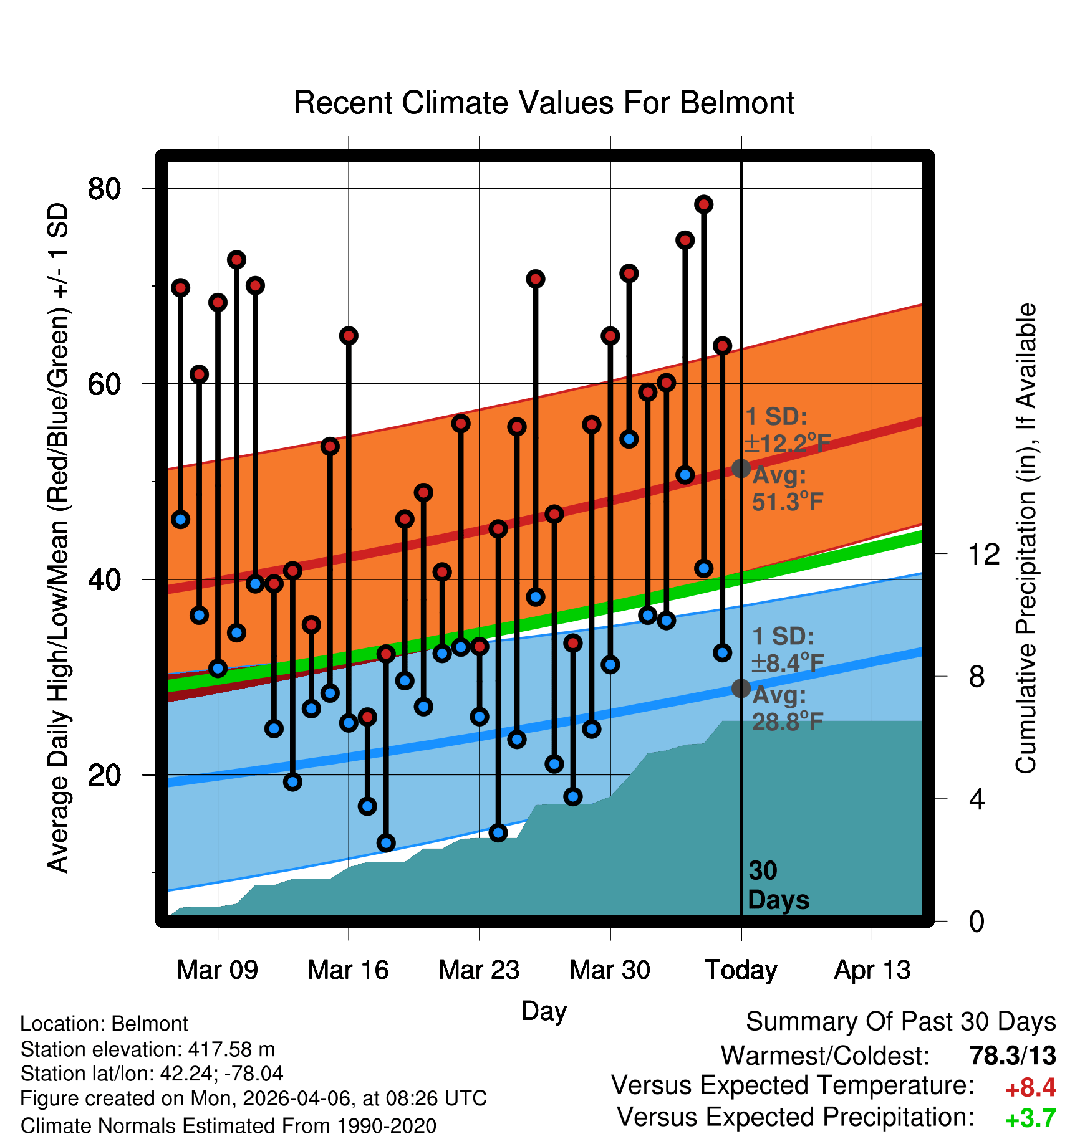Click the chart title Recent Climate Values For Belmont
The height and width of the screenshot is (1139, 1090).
(544, 103)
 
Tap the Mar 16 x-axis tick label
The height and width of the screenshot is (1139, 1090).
(348, 970)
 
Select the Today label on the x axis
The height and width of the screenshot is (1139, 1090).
(741, 970)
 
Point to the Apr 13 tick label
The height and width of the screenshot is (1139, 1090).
(872, 970)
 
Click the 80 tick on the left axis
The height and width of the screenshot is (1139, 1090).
(104, 188)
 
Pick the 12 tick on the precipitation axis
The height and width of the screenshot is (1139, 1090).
(984, 553)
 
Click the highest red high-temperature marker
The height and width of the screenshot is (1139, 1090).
(704, 204)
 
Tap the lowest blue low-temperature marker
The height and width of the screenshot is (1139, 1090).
(386, 843)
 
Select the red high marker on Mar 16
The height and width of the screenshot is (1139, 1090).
(349, 336)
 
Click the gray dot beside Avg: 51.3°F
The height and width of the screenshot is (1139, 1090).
(741, 468)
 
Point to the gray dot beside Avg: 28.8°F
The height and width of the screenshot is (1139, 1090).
(741, 688)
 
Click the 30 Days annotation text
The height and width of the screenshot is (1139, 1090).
(778, 885)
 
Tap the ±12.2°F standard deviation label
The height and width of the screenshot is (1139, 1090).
(788, 444)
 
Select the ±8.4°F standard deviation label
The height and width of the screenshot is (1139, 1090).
(788, 663)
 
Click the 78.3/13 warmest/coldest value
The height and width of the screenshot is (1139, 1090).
(1013, 1056)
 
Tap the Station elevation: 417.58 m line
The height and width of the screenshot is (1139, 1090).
(148, 1049)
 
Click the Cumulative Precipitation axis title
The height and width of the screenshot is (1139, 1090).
(1026, 538)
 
